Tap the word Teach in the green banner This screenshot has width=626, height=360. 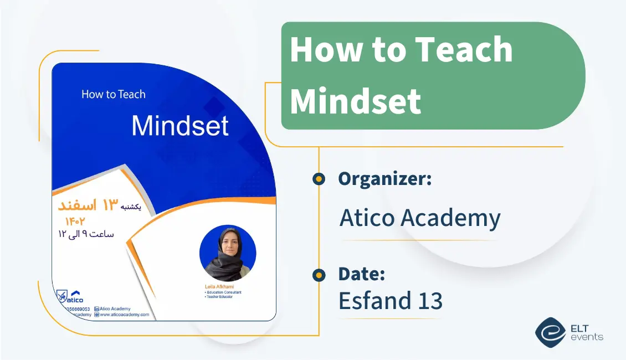[x=464, y=50]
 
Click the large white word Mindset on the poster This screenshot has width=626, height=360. [x=180, y=126]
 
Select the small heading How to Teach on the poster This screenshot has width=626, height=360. [x=114, y=94]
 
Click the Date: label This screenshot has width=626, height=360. [x=362, y=274]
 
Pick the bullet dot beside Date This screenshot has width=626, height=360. [x=319, y=274]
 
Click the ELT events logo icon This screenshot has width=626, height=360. [x=550, y=332]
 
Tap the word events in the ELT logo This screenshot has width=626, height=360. [x=587, y=337]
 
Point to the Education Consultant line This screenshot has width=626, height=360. [x=224, y=292]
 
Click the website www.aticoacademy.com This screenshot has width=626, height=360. [x=124, y=315]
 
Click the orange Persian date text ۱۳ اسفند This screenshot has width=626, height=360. [x=86, y=206]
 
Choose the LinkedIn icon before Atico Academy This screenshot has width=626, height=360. [x=96, y=308]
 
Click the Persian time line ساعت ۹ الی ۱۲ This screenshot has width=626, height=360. [x=86, y=233]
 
